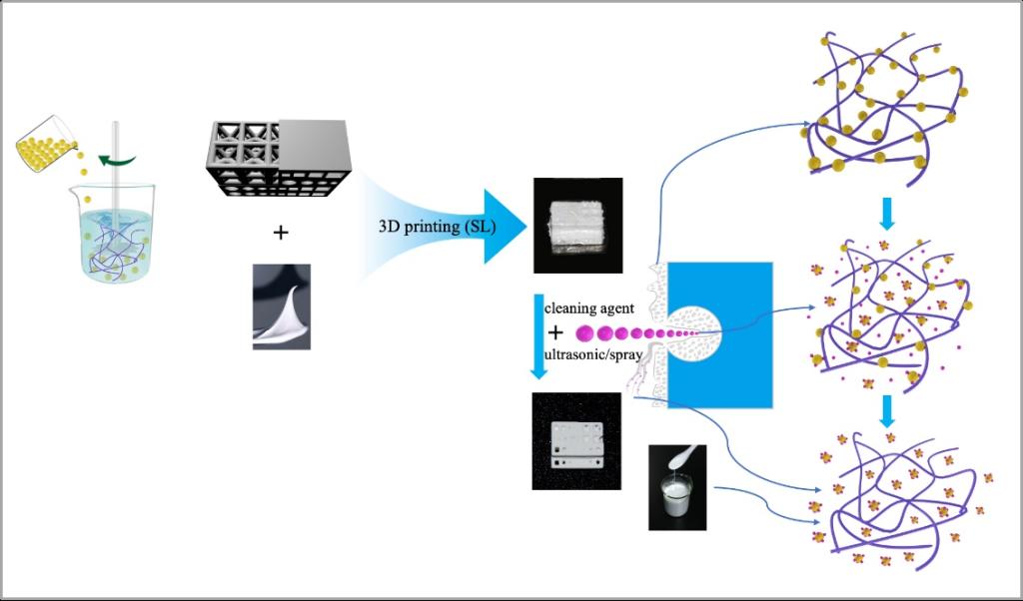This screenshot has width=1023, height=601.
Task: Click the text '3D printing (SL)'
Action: click(x=434, y=226)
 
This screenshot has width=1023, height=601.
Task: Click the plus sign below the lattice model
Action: click(x=281, y=233)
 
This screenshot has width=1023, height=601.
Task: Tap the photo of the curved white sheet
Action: click(x=281, y=306)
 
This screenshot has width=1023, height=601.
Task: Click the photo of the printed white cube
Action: click(x=577, y=225)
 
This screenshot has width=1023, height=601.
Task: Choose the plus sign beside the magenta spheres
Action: click(x=555, y=331)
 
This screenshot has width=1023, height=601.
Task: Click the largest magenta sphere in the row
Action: click(x=585, y=332)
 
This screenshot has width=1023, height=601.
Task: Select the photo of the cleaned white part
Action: click(x=576, y=439)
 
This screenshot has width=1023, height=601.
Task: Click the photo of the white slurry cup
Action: click(x=677, y=486)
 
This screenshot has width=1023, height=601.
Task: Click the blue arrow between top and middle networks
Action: click(x=885, y=214)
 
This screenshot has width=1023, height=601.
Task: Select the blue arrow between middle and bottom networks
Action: click(x=885, y=408)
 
